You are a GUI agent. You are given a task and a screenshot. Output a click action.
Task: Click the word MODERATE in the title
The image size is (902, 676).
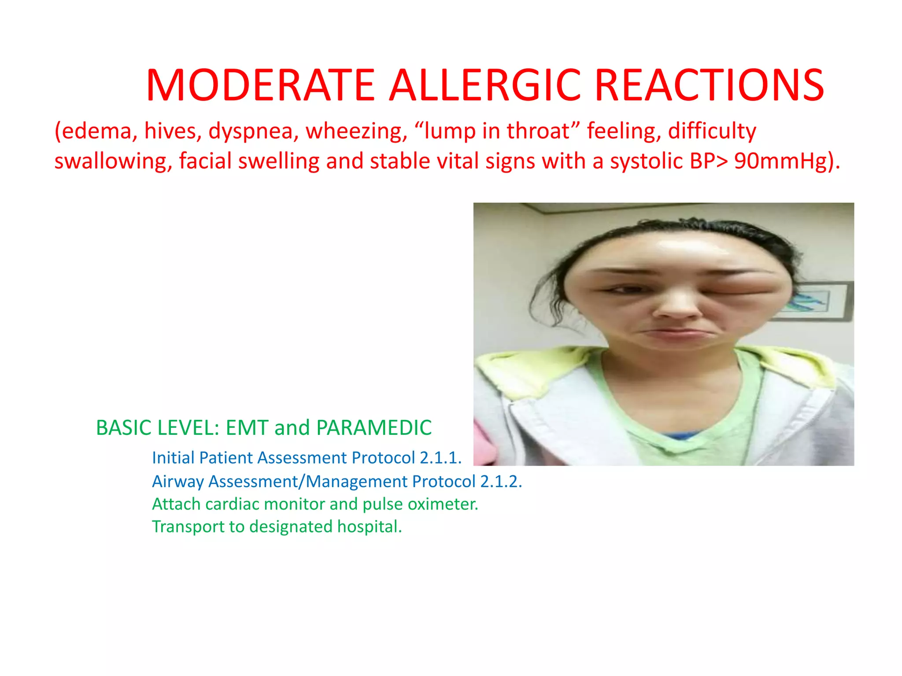pos(260,85)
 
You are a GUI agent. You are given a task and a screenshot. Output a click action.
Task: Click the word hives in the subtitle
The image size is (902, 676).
pos(170,131)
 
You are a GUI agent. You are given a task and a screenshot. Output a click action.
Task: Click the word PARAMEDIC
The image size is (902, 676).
pos(374,428)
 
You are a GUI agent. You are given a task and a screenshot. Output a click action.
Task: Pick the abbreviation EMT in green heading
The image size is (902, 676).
pos(247,428)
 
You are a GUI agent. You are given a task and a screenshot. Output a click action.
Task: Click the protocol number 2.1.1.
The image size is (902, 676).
pos(440,458)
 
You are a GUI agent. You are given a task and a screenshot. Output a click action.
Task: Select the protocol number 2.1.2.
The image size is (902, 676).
pos(501,481)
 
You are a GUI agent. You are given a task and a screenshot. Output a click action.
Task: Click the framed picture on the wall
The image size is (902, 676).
pos(815,302)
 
